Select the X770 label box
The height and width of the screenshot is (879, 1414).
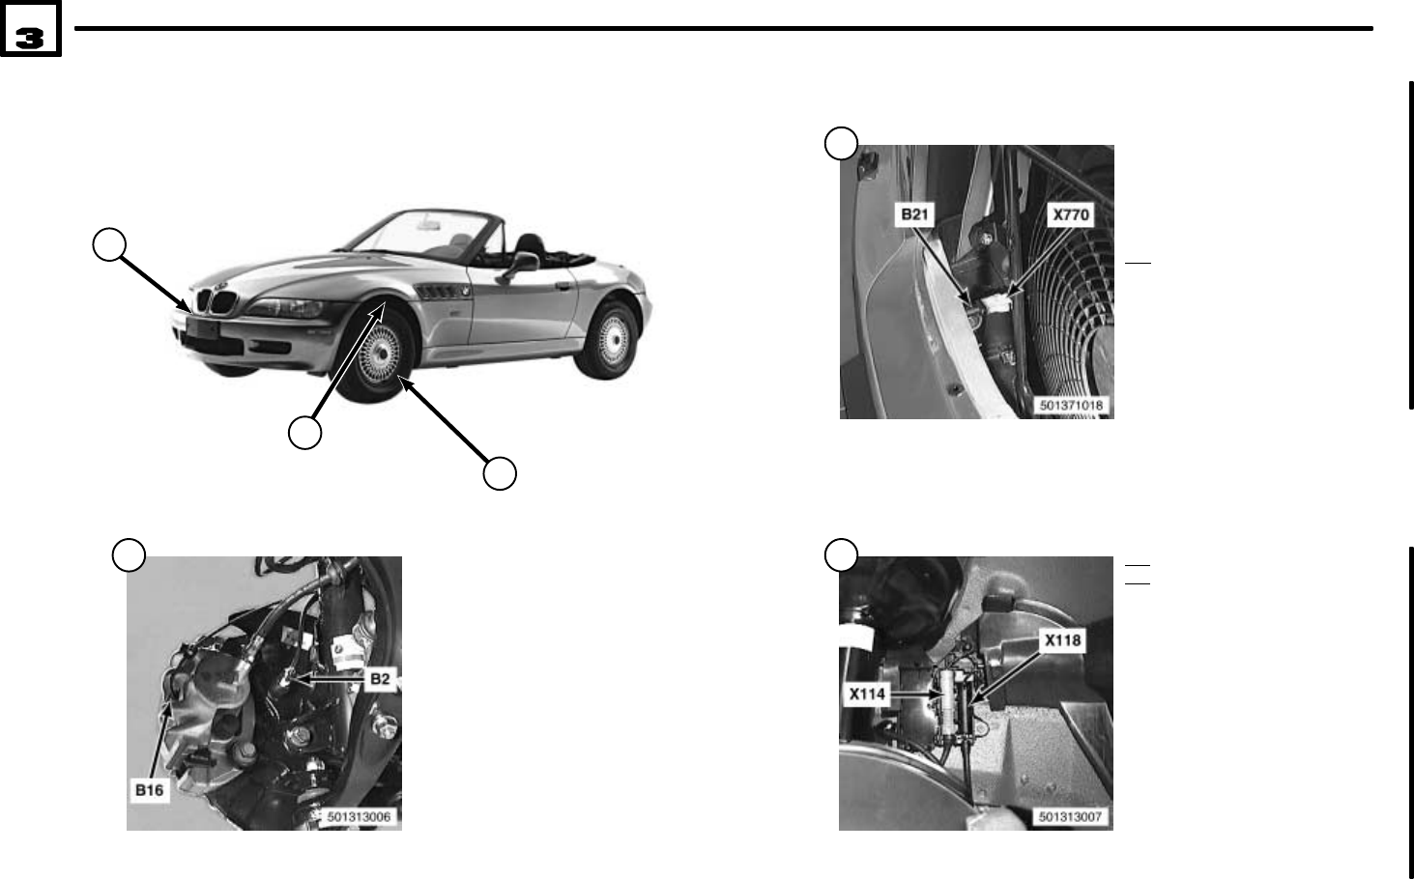click(1071, 213)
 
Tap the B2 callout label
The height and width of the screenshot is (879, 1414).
click(380, 679)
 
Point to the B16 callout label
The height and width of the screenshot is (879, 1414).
click(149, 789)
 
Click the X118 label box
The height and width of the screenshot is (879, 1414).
click(1062, 639)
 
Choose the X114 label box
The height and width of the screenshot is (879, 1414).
click(867, 693)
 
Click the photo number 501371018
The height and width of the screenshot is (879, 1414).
click(1071, 406)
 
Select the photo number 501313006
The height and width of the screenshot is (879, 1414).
click(359, 817)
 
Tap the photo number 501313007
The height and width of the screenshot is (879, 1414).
click(1071, 817)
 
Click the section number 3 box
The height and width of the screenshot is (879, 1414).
click(31, 37)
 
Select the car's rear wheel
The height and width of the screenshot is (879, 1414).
click(609, 342)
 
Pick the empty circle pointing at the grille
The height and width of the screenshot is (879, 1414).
click(110, 244)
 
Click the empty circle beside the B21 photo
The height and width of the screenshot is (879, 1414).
click(841, 143)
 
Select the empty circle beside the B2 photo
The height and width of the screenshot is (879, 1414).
click(129, 554)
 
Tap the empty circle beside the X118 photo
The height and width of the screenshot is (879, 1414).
click(841, 554)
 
